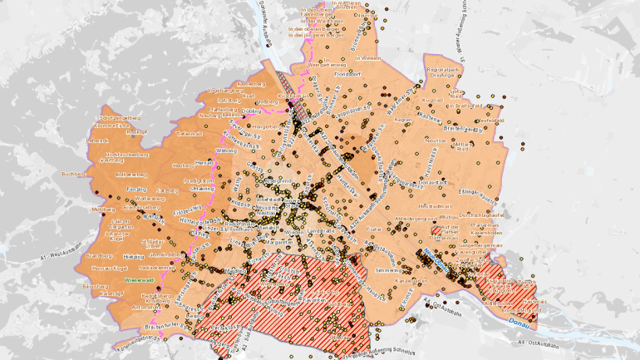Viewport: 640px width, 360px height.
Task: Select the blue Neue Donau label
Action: click(x=437, y=254)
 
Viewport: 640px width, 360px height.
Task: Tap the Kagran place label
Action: click(x=402, y=120)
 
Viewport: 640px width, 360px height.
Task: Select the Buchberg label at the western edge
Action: click(x=74, y=175)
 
